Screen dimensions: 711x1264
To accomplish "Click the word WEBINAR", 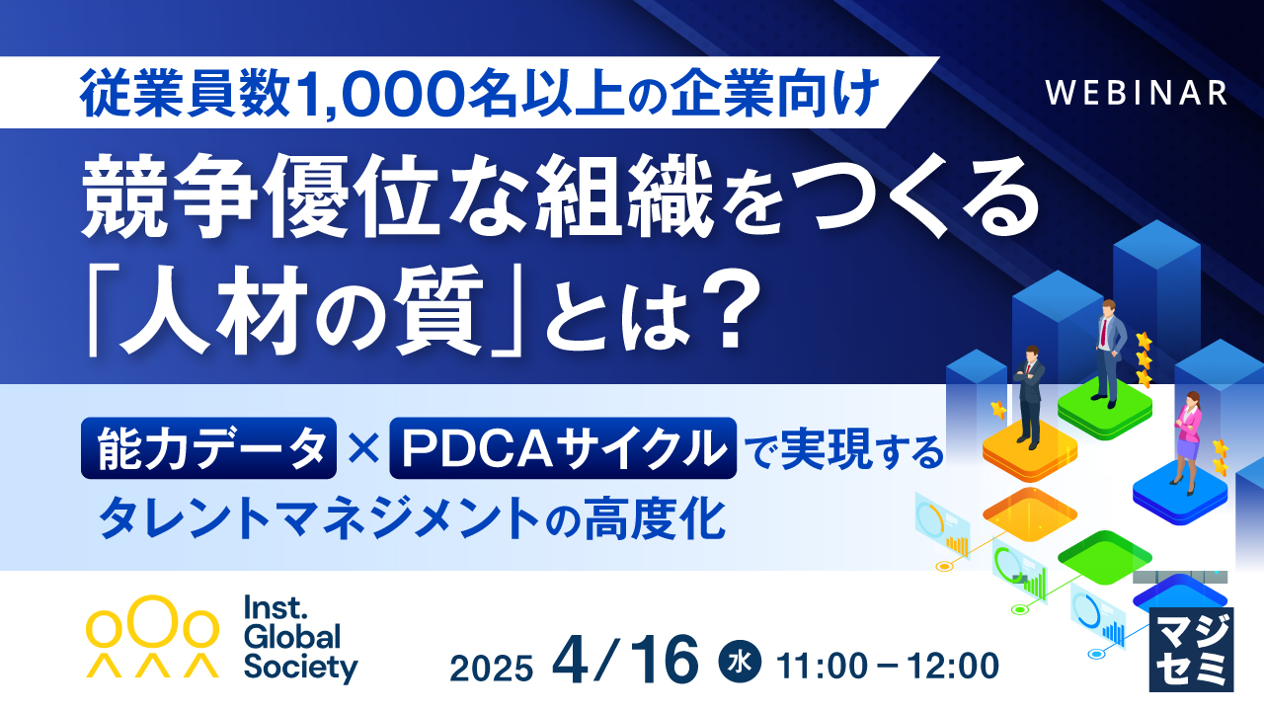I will pos(1136,92).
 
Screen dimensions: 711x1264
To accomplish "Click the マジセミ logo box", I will pos(1192,650).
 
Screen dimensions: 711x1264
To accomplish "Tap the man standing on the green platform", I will pos(1106,351).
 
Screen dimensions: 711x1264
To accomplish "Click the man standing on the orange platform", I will pos(1029,395).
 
